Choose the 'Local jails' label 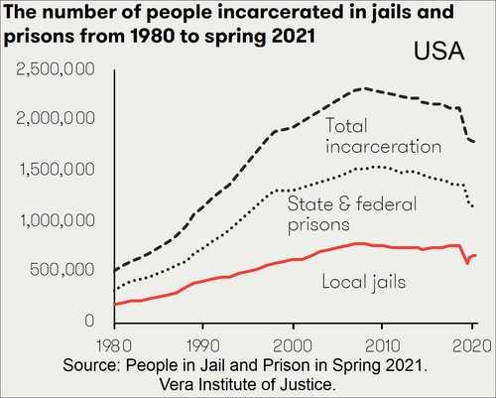tap(364, 283)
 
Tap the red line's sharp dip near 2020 tap(466, 263)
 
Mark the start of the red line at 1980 tap(115, 304)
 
